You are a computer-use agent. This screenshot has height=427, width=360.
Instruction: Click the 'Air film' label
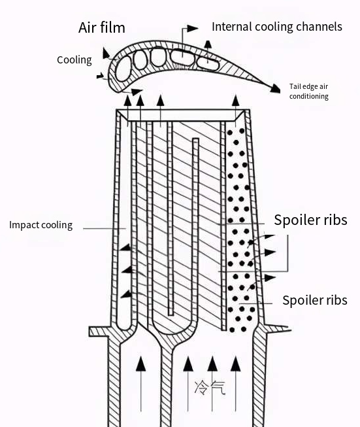click(101, 27)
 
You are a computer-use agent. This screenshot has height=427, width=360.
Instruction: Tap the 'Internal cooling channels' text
click(276, 27)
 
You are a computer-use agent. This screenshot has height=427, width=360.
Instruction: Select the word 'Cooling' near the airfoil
click(74, 60)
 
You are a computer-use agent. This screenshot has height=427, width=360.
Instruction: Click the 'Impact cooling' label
click(41, 225)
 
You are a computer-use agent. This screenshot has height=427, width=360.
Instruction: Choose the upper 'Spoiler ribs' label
click(310, 220)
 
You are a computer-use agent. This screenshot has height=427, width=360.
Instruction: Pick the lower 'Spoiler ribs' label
click(314, 301)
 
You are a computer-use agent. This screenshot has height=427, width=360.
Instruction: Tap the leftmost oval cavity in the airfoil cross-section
click(122, 64)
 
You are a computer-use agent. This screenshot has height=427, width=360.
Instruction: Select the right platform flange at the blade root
click(277, 328)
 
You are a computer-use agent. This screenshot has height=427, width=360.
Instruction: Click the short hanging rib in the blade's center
click(195, 196)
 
